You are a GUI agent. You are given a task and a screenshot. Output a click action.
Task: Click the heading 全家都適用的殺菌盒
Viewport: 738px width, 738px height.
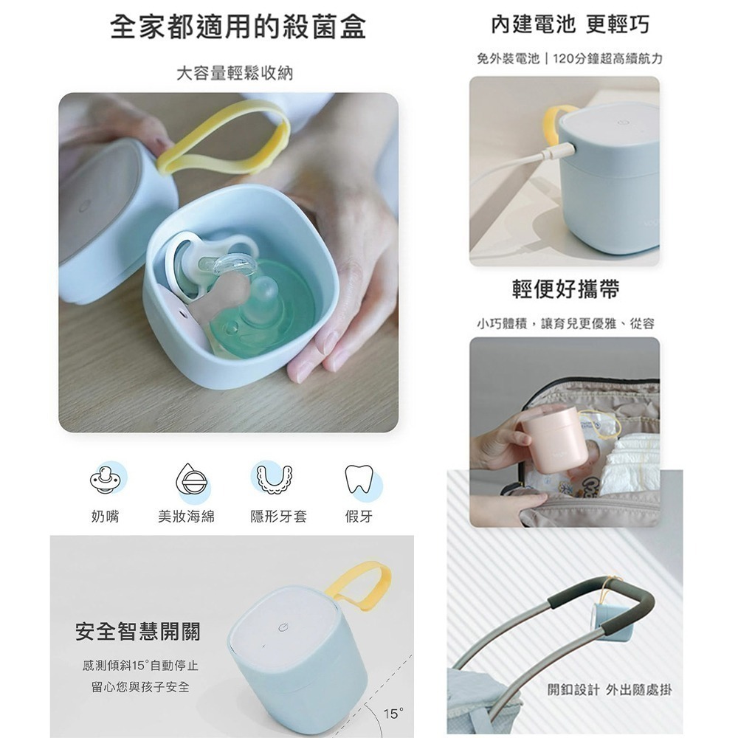point(238,27)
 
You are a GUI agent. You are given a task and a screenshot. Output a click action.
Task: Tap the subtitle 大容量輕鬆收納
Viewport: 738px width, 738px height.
point(235,73)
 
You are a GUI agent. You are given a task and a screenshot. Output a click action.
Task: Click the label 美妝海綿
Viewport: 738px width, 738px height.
point(187,517)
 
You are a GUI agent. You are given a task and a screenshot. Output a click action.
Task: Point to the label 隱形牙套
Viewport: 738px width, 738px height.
point(279,517)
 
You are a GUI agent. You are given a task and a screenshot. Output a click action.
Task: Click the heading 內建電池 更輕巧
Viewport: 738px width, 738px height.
point(570,24)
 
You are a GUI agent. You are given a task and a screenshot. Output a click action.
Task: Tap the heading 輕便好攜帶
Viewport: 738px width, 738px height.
point(566,289)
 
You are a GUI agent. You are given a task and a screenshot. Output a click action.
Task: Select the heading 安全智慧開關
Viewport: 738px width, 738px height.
point(138,631)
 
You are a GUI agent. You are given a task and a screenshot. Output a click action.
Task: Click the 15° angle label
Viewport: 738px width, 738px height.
point(393,714)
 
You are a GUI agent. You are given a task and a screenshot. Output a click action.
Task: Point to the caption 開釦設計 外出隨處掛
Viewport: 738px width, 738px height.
point(610,689)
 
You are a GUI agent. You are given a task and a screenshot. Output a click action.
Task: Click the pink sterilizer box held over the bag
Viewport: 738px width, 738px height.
point(556,438)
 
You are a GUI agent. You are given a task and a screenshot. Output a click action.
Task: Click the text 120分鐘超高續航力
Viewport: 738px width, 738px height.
point(607,59)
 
